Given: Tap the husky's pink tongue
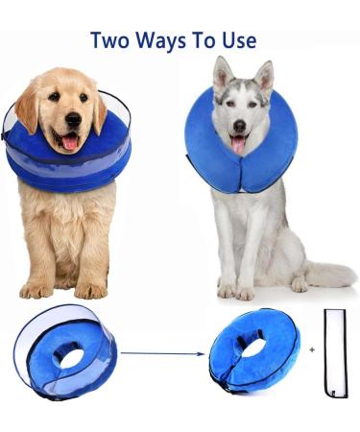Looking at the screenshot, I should [x=237, y=145].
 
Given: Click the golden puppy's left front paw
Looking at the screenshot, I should [x=92, y=288].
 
